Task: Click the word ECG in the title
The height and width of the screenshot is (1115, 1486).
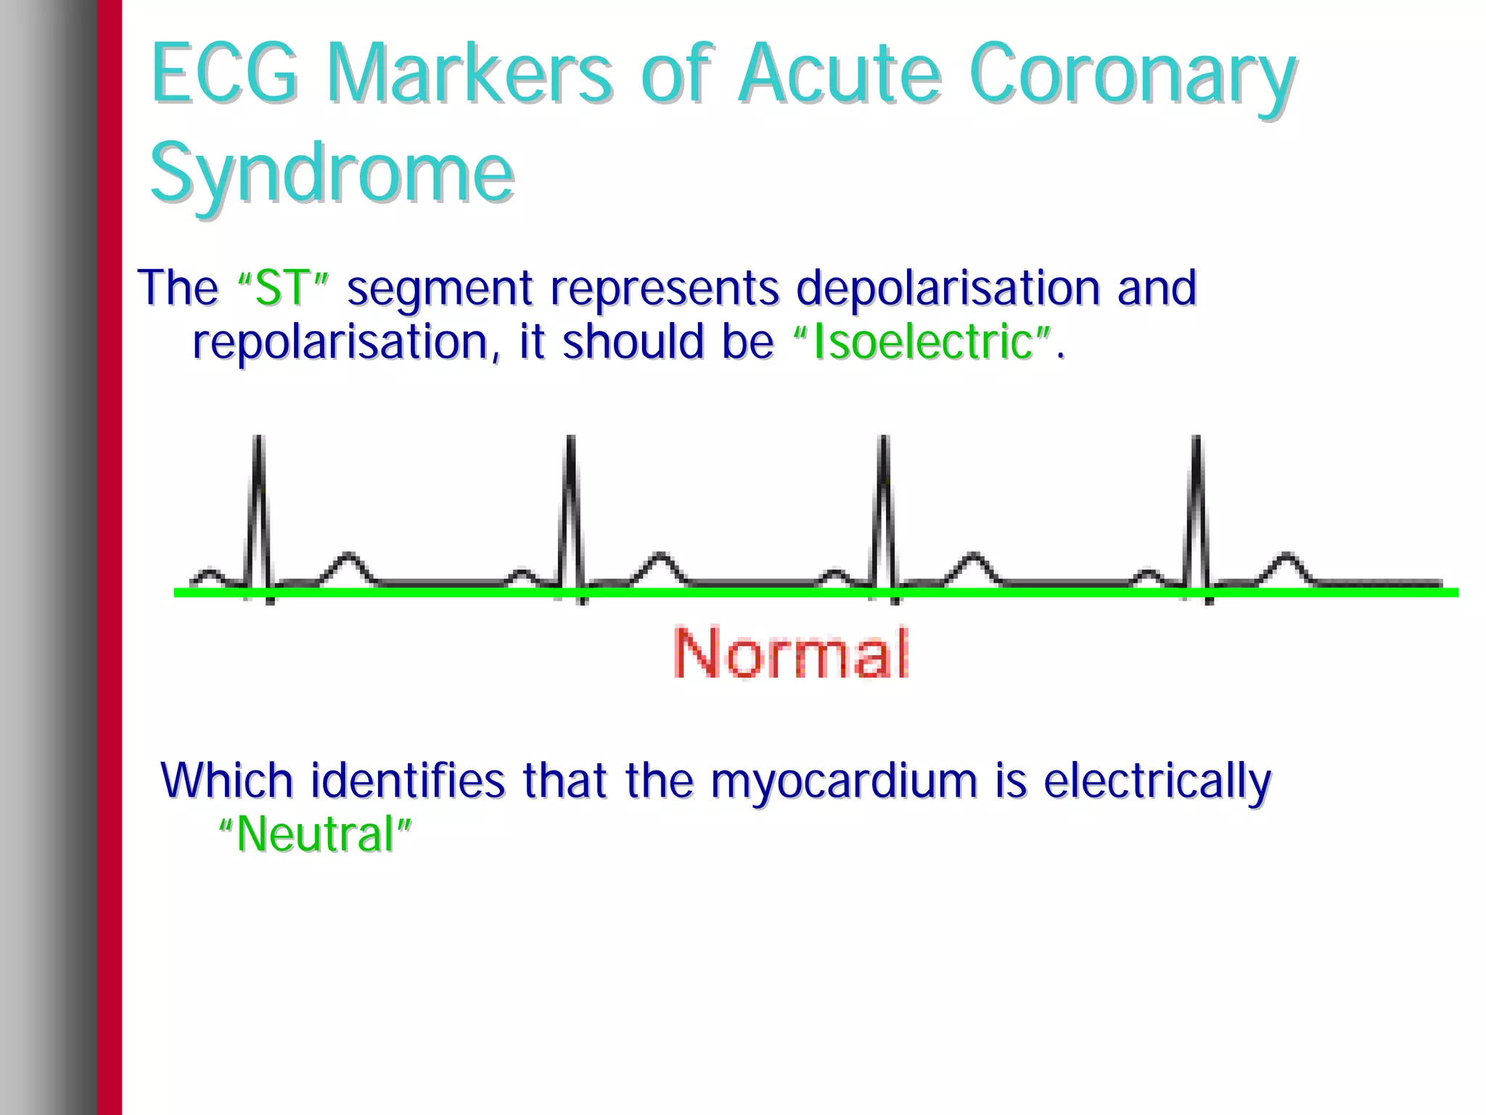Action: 224,73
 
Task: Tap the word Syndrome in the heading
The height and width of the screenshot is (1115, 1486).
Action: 332,173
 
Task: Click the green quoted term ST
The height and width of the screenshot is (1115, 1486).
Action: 284,288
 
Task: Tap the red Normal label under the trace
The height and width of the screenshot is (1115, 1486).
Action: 791,653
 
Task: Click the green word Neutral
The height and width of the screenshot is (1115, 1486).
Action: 315,834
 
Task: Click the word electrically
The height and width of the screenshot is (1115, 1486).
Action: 1157,782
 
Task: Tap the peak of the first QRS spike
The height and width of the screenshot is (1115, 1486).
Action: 258,440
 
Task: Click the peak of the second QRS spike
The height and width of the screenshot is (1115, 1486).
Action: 571,440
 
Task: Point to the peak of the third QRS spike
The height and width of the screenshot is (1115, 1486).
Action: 884,440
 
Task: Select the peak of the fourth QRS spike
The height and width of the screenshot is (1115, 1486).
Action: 1197,440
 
